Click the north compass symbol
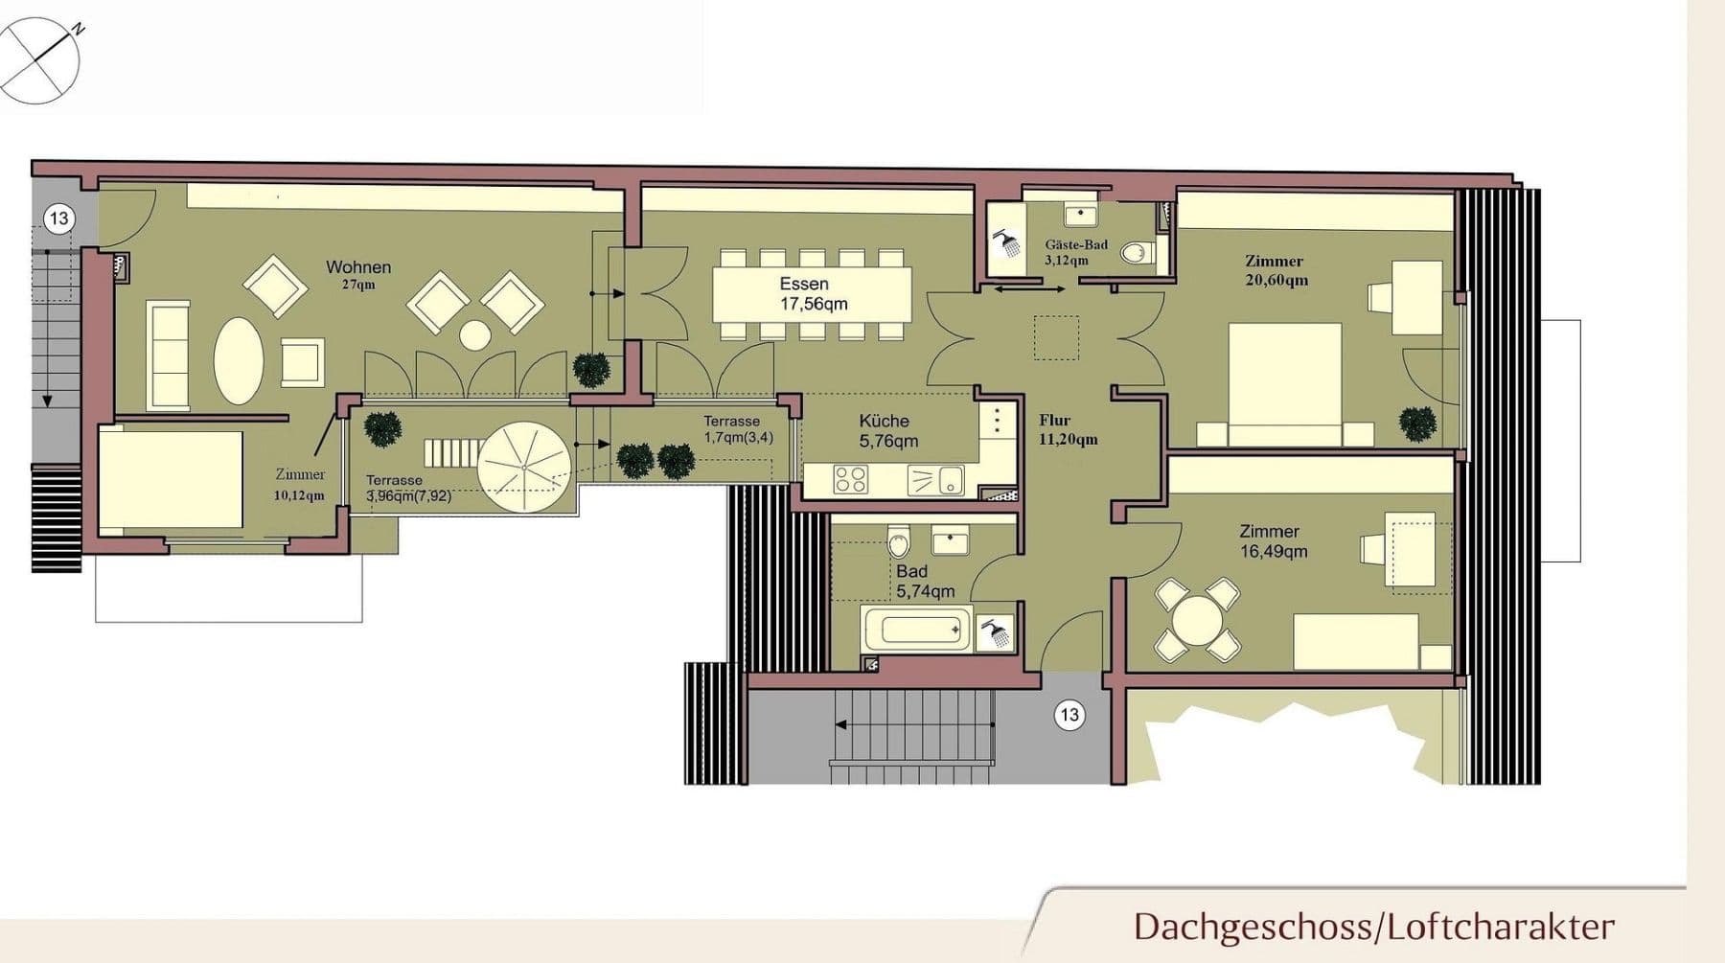pos(39,60)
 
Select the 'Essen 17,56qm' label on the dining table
pos(812,294)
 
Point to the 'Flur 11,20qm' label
pos(1068,429)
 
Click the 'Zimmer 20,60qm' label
pos(1275,270)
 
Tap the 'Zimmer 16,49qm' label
pos(1271,540)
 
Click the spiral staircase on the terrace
pos(524,468)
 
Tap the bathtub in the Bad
pos(916,630)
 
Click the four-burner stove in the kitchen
pos(850,478)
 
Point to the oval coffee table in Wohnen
pos(238,360)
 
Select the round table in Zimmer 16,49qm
pos(1197,620)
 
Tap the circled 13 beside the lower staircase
pos(1069,714)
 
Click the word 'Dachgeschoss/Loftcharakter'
pos(1373,927)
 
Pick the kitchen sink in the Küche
pos(935,479)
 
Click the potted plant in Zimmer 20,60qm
pos(1417,423)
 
